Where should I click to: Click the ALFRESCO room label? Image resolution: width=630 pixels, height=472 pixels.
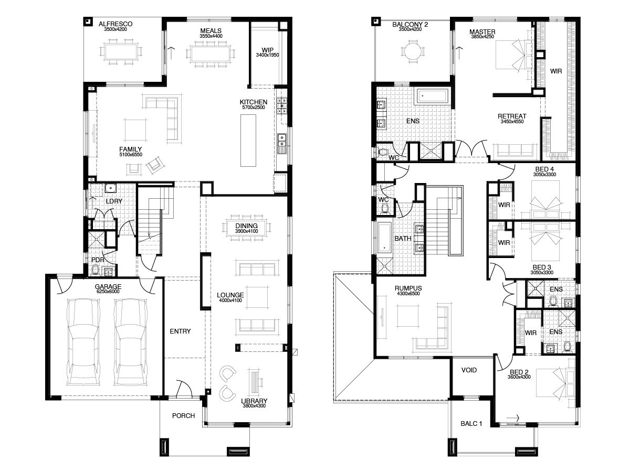[x=115, y=24]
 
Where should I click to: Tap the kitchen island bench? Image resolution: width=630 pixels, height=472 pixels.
[x=248, y=141]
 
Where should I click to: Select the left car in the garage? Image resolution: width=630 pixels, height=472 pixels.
[x=83, y=342]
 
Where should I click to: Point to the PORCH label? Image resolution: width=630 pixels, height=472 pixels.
[x=183, y=415]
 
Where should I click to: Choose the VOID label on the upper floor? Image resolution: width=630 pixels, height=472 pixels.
[x=469, y=370]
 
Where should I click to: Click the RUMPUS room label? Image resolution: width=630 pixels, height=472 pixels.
[x=408, y=288]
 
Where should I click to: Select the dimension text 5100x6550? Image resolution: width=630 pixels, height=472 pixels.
[x=131, y=155]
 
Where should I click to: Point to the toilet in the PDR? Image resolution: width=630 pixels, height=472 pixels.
[x=95, y=270]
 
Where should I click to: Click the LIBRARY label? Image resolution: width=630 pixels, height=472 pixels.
[x=254, y=401]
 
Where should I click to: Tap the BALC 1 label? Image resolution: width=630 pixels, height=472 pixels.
[x=471, y=423]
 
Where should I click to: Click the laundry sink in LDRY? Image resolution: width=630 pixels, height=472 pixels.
[x=110, y=188]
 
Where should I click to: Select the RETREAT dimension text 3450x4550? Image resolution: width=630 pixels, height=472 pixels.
[x=512, y=122]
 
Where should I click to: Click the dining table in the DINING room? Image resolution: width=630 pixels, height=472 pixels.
[x=246, y=228]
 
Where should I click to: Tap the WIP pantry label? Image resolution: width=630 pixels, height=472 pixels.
[x=268, y=50]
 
